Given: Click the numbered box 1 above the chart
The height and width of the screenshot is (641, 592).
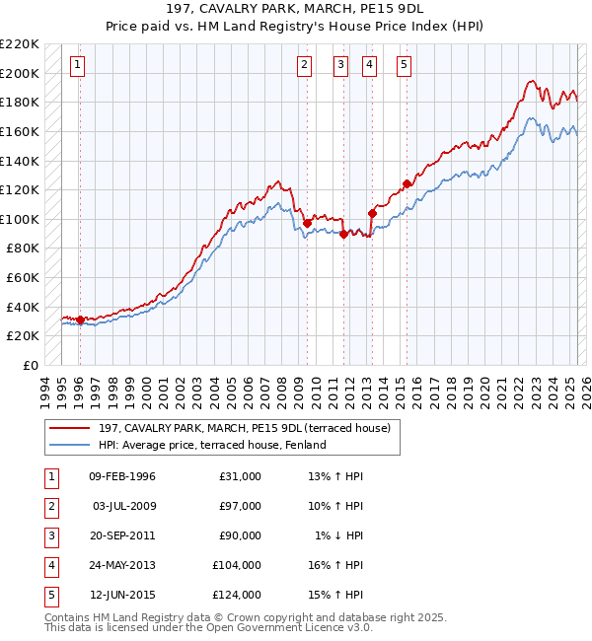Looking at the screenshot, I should (78, 66).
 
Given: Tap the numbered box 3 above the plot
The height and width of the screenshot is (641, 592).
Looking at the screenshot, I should (340, 66).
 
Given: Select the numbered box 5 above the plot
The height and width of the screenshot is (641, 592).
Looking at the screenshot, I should (405, 66).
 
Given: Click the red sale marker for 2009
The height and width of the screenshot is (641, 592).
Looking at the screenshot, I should (307, 224).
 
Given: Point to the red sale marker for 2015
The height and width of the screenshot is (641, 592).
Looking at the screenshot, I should (407, 183).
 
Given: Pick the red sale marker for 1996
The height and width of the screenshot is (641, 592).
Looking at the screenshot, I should (80, 320).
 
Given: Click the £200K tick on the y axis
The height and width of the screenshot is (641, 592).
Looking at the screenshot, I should (19, 73).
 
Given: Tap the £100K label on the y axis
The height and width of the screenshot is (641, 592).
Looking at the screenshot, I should (19, 219).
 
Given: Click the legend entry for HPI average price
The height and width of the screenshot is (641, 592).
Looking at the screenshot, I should (212, 445).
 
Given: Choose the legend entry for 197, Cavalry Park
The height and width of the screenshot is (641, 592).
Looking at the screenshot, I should (245, 428).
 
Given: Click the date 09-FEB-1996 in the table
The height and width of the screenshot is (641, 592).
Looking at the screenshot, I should (121, 477).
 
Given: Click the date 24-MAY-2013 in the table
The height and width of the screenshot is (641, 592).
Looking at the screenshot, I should (121, 566).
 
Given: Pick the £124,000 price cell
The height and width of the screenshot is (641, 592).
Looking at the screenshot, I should (237, 596).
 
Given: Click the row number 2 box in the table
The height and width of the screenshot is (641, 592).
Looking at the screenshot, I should (50, 507).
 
